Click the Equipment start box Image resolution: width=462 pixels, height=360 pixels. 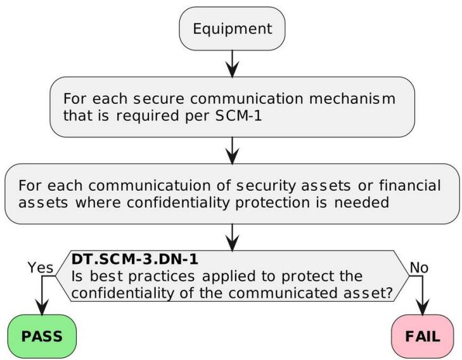[x=232, y=29]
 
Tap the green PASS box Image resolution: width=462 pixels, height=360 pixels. [x=42, y=336]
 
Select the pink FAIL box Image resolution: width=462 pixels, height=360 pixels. [x=423, y=336]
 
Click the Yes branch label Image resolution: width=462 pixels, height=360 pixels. [x=41, y=267]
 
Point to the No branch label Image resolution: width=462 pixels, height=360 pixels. [x=419, y=267]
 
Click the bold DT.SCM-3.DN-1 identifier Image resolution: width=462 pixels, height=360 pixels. [x=134, y=259]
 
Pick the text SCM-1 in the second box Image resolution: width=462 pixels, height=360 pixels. [x=239, y=115]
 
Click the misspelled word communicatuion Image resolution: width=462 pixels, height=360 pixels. [x=150, y=186]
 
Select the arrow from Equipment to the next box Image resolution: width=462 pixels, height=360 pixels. [x=233, y=63]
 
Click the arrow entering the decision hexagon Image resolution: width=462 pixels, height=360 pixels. [x=233, y=238]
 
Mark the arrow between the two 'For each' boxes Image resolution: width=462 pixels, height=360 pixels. [x=233, y=151]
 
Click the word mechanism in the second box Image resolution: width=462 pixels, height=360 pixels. [x=352, y=98]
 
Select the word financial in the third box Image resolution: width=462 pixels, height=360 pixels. [x=410, y=186]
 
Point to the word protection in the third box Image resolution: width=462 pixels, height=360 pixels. [x=273, y=203]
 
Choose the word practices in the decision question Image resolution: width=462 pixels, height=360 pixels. [x=162, y=276]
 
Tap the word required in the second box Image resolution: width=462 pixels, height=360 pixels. [x=148, y=115]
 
